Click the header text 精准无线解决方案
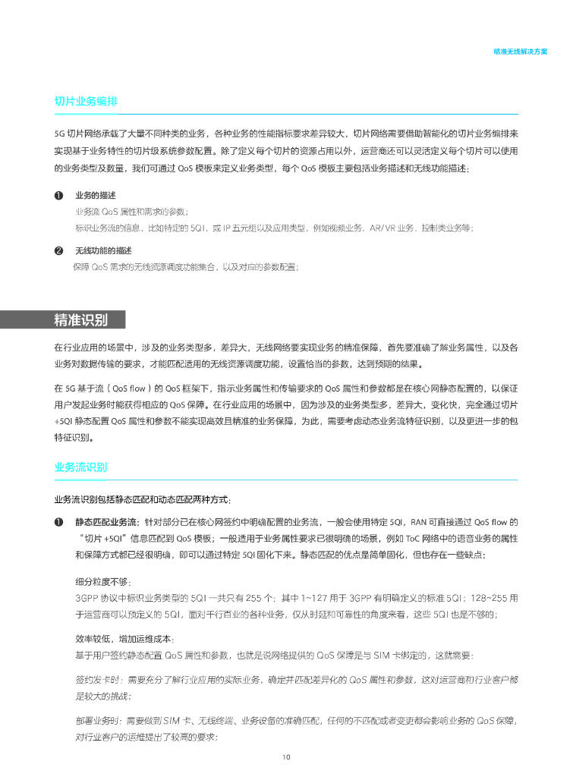click(520, 52)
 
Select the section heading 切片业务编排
click(85, 102)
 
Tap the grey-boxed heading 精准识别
click(80, 319)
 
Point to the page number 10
click(286, 757)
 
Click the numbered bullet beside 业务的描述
click(58, 196)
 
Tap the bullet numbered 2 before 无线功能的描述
click(58, 250)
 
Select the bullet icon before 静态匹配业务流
click(58, 522)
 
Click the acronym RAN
click(420, 522)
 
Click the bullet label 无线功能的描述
click(103, 250)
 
